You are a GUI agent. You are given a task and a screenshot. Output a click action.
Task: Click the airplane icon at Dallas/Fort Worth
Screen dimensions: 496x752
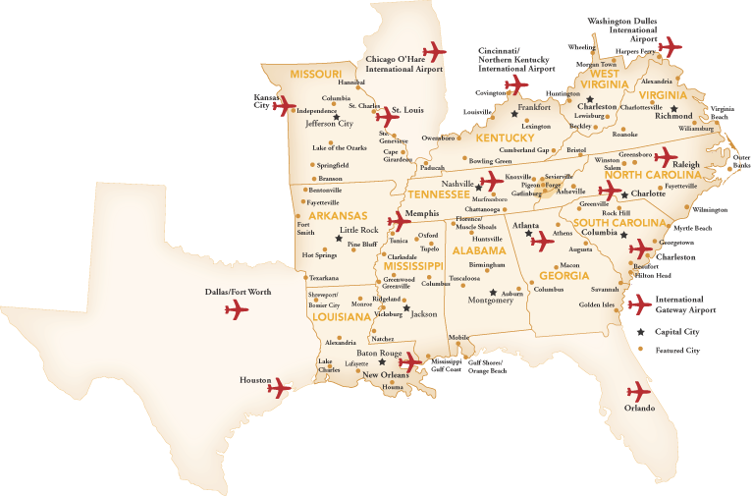coord(237,311)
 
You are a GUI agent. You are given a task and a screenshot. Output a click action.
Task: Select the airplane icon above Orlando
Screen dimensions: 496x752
coord(639,390)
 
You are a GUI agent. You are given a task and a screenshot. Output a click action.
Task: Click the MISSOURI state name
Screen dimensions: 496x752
coord(315,75)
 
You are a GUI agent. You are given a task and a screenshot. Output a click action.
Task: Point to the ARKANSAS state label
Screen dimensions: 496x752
coord(337,215)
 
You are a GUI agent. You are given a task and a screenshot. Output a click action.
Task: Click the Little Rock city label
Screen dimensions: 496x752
coord(358,230)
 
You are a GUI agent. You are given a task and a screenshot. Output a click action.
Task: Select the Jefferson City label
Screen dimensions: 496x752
coord(329,124)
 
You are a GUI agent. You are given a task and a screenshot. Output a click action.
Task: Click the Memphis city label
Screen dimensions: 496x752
coord(422,213)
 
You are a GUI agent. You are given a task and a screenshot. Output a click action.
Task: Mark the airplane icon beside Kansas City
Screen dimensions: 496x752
coord(286,106)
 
